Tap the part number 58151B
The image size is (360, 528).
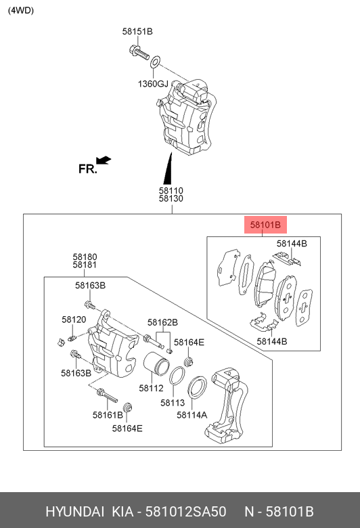tap(137, 32)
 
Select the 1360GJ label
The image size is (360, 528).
tap(153, 84)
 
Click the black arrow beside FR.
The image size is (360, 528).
tap(103, 160)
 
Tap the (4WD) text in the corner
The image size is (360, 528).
tap(20, 10)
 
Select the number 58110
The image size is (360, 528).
tap(171, 190)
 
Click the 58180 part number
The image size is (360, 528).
tap(85, 257)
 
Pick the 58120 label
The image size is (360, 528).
tap(74, 319)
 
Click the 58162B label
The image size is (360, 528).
tap(163, 322)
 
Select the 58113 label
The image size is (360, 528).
tap(173, 402)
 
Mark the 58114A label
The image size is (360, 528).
tap(192, 415)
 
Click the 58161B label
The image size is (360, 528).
tap(108, 414)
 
